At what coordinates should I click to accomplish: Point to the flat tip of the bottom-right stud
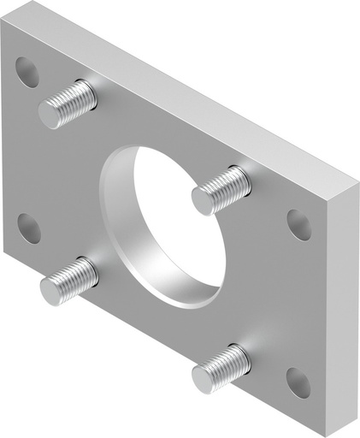click(204, 378)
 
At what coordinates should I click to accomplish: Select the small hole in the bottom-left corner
click(28, 227)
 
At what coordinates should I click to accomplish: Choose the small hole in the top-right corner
click(298, 223)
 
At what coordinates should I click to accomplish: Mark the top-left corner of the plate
click(4, 21)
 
